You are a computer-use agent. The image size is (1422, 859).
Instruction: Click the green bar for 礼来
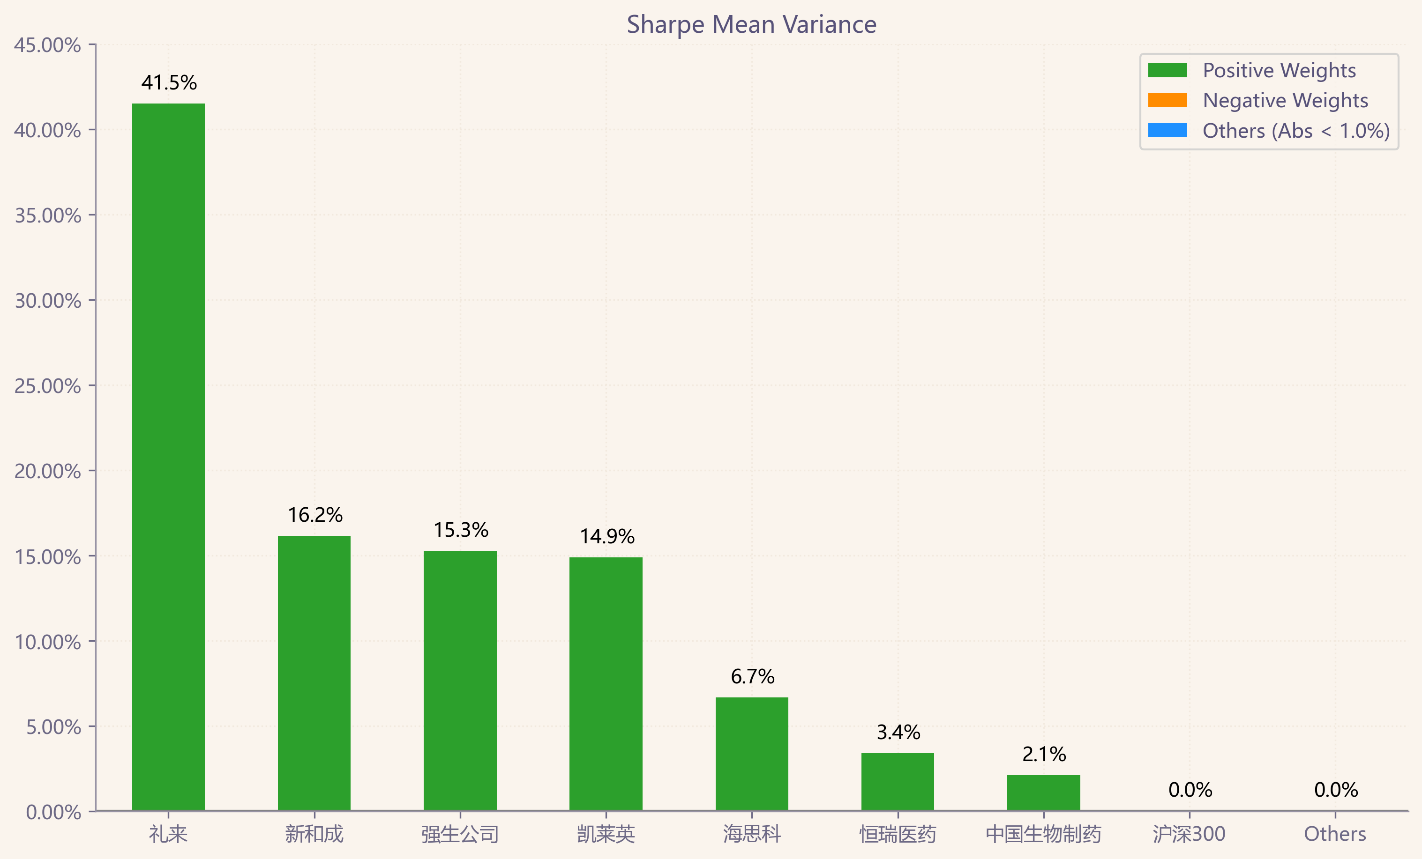pyautogui.click(x=169, y=457)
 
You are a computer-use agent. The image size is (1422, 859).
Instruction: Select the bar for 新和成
pyautogui.click(x=314, y=673)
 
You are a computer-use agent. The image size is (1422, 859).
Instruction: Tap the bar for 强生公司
pyautogui.click(x=460, y=681)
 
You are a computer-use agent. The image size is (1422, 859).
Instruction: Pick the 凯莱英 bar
pyautogui.click(x=606, y=684)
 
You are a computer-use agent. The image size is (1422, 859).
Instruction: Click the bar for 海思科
pyautogui.click(x=752, y=754)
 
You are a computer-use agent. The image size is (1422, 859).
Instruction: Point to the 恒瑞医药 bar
pyautogui.click(x=898, y=782)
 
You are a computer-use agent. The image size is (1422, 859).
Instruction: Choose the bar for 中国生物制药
pyautogui.click(x=1043, y=792)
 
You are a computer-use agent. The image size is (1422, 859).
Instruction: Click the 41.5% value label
pyautogui.click(x=169, y=82)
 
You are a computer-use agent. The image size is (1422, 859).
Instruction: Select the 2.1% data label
pyautogui.click(x=1044, y=754)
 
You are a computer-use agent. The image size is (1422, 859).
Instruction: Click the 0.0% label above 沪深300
pyautogui.click(x=1190, y=790)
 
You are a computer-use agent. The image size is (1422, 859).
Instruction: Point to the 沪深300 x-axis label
pyautogui.click(x=1189, y=834)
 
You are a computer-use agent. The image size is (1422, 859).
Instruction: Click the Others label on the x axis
pyautogui.click(x=1335, y=834)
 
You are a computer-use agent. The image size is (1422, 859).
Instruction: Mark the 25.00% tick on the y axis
pyautogui.click(x=47, y=386)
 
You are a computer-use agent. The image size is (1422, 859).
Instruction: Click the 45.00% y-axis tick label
pyautogui.click(x=47, y=45)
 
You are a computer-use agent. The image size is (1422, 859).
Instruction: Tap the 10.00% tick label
pyautogui.click(x=47, y=642)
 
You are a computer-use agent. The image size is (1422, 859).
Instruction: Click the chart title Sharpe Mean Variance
pyautogui.click(x=751, y=25)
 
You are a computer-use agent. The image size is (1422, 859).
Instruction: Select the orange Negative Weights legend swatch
pyautogui.click(x=1168, y=100)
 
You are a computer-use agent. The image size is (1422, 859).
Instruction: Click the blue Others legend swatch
pyautogui.click(x=1168, y=130)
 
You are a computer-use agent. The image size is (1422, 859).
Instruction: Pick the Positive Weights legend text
pyautogui.click(x=1279, y=70)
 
